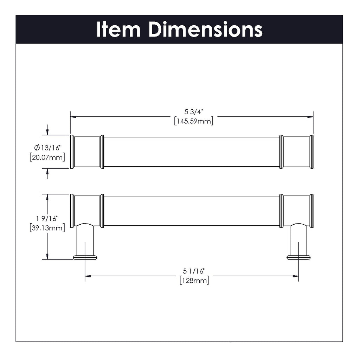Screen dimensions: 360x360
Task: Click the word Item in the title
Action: click(118, 30)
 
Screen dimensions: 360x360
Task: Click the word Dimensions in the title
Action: click(205, 30)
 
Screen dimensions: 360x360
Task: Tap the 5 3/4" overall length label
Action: click(194, 112)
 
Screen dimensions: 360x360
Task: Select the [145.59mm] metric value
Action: click(194, 121)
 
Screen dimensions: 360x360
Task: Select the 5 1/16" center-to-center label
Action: click(194, 271)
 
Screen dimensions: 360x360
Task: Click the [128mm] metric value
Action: click(194, 281)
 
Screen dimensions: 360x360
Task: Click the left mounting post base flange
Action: click(85, 257)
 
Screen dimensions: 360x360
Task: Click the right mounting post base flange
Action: click(298, 257)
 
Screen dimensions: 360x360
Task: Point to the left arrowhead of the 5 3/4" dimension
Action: click(73, 117)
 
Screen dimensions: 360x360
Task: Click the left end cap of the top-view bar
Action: click(72, 152)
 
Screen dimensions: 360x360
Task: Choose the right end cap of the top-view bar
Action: click(311, 152)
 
